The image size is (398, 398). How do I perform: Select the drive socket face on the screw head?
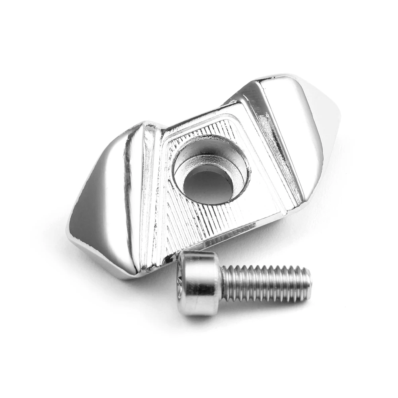point(181,285)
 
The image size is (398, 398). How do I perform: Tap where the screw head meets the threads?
point(221,283)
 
